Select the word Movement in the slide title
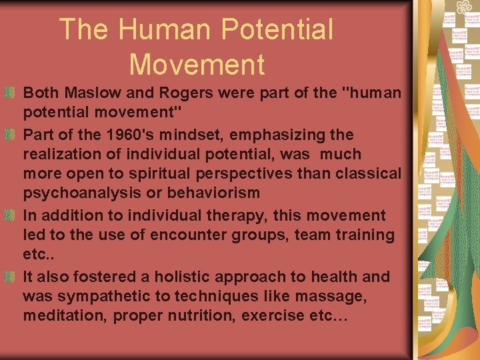(x=197, y=65)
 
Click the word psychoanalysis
(x=80, y=193)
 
